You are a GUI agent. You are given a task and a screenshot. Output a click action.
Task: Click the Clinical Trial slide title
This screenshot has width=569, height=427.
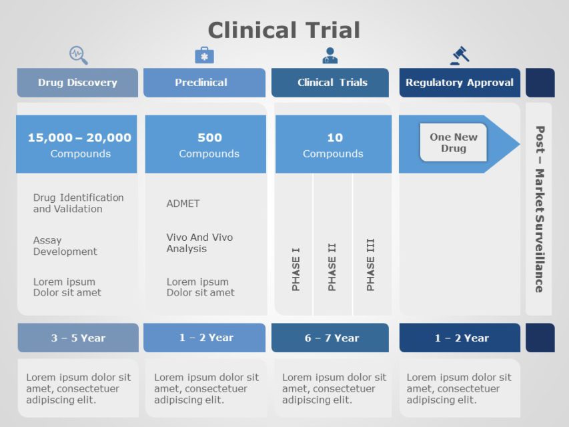tap(283, 30)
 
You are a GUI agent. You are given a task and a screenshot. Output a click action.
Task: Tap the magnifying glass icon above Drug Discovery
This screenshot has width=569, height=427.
tap(79, 55)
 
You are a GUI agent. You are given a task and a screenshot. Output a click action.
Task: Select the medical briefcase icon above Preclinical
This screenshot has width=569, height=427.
tap(204, 55)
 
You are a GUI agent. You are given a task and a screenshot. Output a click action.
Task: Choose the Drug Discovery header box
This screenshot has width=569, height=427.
tap(77, 83)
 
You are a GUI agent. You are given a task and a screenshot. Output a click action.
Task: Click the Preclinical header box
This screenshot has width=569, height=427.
tap(204, 83)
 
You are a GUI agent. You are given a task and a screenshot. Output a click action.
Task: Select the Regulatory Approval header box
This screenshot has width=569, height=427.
tap(460, 83)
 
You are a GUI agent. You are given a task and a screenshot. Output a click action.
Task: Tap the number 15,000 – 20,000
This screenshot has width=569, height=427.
tap(79, 137)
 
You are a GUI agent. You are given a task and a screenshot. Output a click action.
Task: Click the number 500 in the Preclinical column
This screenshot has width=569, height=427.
tap(209, 137)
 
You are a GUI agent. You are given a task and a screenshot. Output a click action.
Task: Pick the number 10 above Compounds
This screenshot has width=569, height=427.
tap(334, 137)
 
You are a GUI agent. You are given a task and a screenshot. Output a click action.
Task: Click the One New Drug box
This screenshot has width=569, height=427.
tap(454, 143)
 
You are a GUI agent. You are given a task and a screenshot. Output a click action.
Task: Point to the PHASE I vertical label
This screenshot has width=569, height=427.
tap(296, 269)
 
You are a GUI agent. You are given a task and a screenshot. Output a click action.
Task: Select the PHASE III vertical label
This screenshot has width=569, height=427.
tap(370, 264)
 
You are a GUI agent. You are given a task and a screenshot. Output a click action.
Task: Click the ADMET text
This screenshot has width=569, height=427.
tap(183, 203)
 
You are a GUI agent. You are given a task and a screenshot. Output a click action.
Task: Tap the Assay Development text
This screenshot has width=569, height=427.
tap(65, 246)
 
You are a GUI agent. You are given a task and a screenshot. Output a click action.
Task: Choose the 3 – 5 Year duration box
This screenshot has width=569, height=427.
tap(78, 338)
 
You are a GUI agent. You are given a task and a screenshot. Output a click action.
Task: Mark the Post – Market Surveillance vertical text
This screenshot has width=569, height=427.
tap(539, 209)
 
